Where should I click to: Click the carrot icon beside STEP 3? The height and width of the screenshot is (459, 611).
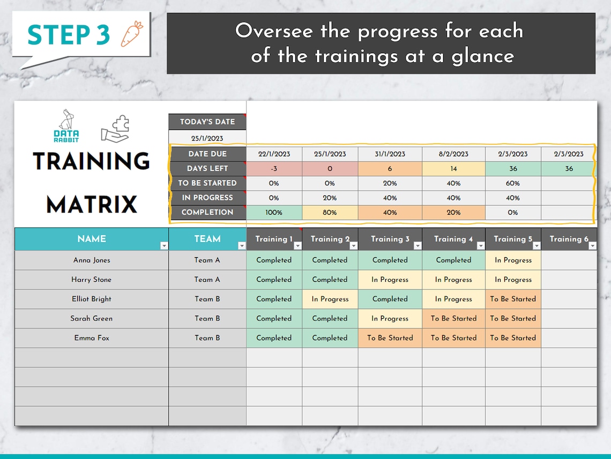coord(131,34)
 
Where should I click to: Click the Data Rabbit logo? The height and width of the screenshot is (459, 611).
coord(66,126)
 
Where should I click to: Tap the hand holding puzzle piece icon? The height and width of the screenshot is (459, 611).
coord(115,129)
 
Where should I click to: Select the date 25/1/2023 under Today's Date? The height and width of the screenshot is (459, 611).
coord(207,139)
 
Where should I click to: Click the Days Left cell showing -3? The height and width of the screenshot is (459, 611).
coord(274,169)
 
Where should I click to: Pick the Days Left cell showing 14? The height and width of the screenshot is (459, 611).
coord(453,169)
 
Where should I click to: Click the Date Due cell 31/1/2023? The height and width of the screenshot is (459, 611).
coord(390,154)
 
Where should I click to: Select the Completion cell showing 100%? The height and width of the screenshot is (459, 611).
coord(274,213)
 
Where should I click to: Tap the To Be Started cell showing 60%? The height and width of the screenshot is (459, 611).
coord(513,183)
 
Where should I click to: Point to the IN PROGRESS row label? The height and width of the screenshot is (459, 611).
coord(207,198)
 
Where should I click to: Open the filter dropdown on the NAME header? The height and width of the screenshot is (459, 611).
coord(164,246)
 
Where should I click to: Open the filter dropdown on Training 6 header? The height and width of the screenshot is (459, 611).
coord(592,246)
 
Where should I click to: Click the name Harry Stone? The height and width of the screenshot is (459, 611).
coord(92,280)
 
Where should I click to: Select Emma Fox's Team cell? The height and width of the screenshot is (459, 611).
coord(207,338)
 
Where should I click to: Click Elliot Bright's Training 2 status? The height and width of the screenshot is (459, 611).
coord(330,299)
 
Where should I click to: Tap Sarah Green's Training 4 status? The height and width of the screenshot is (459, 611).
coord(453,318)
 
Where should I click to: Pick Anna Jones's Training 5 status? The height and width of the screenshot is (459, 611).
coord(513,260)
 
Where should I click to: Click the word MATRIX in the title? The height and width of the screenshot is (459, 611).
coord(92,205)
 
